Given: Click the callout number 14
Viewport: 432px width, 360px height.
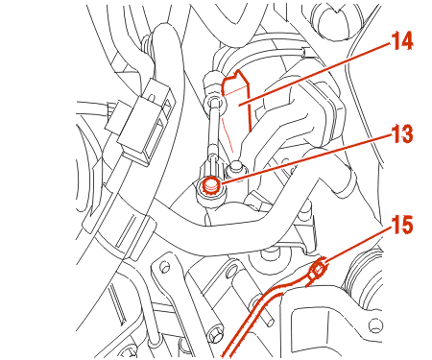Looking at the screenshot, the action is coord(402,40).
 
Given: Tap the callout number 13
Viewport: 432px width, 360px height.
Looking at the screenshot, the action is coord(402,133).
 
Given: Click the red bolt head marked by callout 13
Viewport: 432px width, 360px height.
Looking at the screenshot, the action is coord(211,186).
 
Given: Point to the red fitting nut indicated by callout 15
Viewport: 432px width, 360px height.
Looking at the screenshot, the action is coord(318,270).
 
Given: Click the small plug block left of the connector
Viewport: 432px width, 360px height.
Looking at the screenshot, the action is coord(116,117).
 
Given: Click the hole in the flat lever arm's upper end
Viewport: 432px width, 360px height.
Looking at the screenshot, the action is coord(164,266).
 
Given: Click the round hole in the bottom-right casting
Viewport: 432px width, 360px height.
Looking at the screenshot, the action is coord(375,325).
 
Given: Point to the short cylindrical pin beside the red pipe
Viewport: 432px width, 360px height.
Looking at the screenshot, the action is coord(267,314).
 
